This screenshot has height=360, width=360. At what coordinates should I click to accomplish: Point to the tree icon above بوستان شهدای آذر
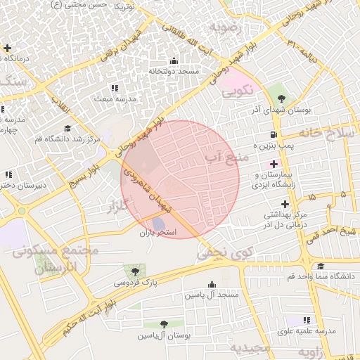point(281,99)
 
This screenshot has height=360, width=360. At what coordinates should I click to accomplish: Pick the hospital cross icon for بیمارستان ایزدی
point(274,163)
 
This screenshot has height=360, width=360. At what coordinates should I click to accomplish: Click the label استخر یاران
point(158,232)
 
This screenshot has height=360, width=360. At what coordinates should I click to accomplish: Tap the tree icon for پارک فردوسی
point(131,270)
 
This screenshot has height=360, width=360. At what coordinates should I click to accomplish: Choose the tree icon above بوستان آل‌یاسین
point(164,324)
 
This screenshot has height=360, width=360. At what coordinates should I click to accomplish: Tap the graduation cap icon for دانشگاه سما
point(321,266)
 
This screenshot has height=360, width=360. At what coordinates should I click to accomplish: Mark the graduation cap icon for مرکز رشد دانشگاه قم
point(68,129)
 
